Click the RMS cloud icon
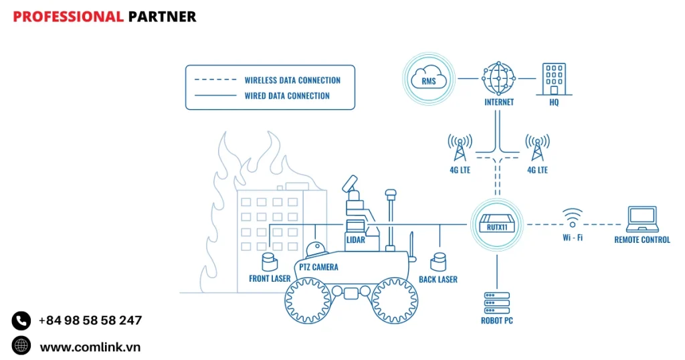[x=429, y=78]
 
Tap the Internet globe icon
[x=498, y=78]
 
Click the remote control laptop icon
[x=642, y=219]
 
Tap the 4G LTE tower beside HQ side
[x=536, y=148]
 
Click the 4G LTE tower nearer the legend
[x=460, y=148]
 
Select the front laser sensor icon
[x=269, y=261]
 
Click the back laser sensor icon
[x=439, y=261]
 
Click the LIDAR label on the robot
[x=355, y=239]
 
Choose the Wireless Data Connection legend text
[x=292, y=80]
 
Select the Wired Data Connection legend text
[x=287, y=96]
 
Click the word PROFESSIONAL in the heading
[x=68, y=17]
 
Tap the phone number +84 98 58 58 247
[x=90, y=321]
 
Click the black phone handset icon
[x=21, y=321]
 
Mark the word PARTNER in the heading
[x=162, y=17]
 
